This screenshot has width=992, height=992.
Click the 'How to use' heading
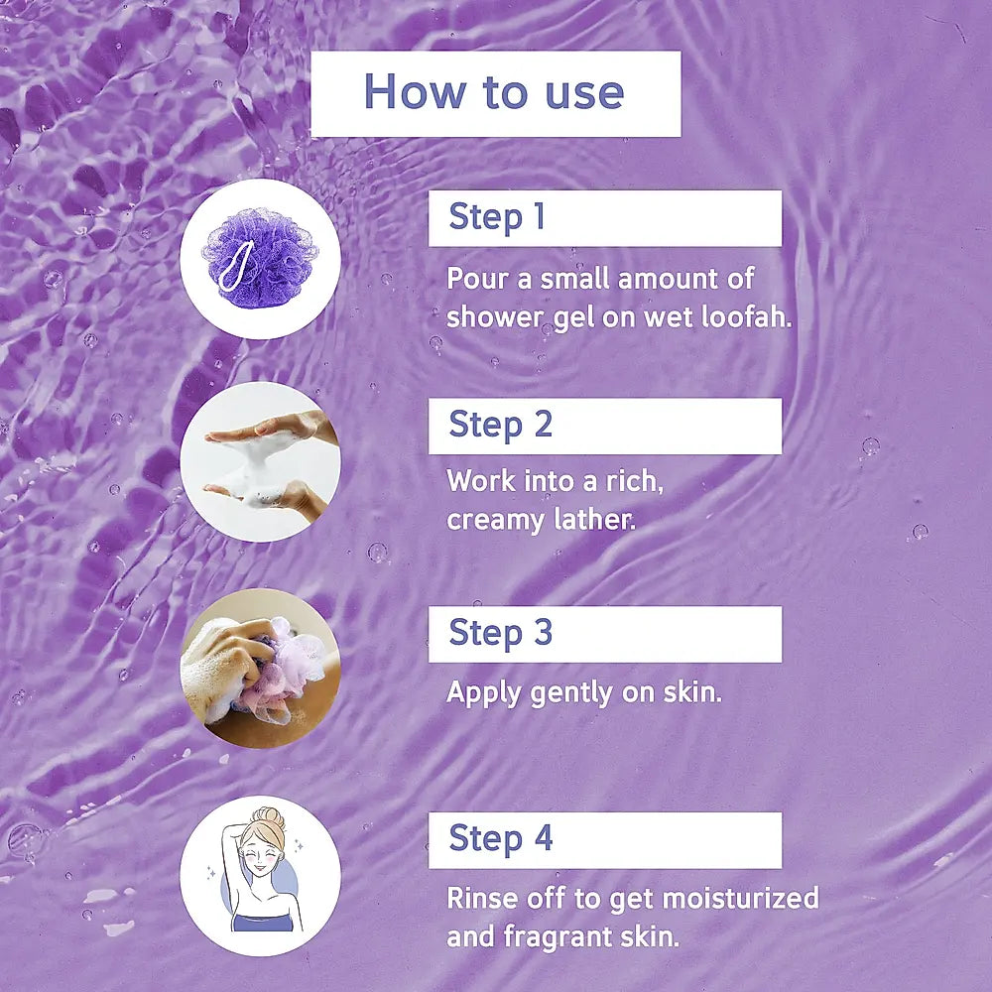click(x=494, y=91)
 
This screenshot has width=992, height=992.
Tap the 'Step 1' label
click(x=497, y=217)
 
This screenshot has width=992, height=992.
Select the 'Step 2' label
click(x=500, y=425)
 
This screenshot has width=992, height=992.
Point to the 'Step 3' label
click(x=500, y=632)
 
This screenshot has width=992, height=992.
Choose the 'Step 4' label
click(x=500, y=838)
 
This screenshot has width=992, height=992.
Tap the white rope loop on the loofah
click(x=236, y=266)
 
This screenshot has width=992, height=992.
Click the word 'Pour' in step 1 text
click(x=478, y=279)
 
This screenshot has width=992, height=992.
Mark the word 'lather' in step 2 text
click(x=594, y=520)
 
